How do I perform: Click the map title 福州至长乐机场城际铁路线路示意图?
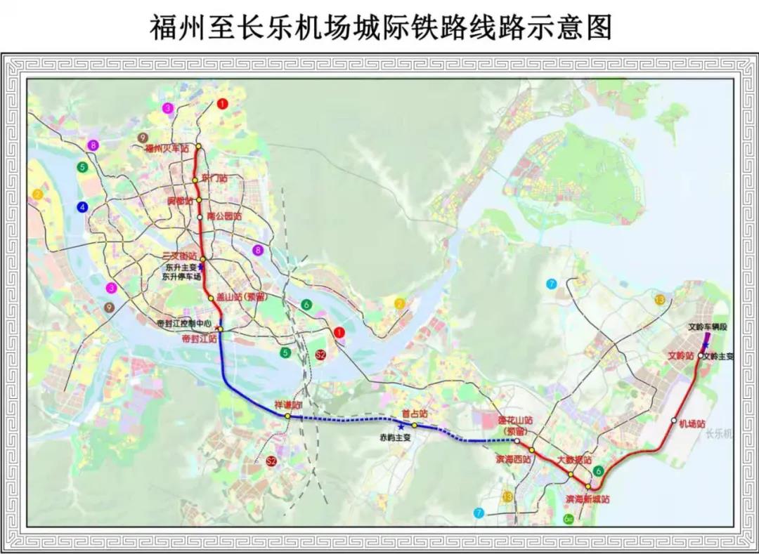(380, 27)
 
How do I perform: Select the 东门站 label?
(214, 178)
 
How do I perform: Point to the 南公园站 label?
(224, 217)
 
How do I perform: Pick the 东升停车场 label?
(181, 277)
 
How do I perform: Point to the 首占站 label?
(414, 414)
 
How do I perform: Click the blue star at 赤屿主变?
(401, 426)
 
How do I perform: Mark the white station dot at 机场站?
(673, 421)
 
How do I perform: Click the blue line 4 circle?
(83, 206)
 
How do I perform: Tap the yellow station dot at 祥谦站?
(287, 416)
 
